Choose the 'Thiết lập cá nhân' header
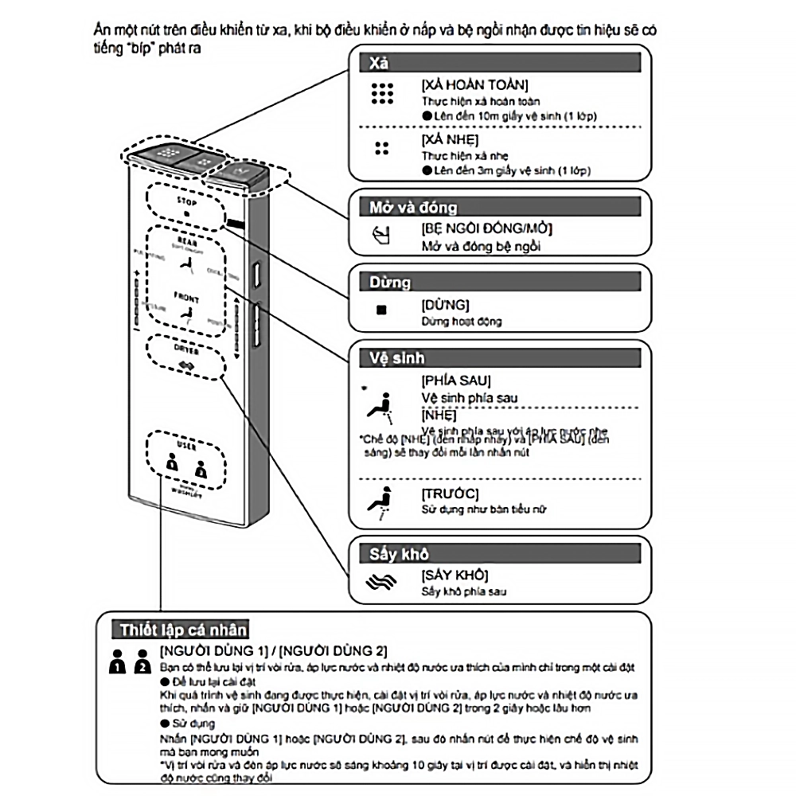pyautogui.click(x=184, y=630)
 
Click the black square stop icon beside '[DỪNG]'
pyautogui.click(x=381, y=309)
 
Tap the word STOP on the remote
pyautogui.click(x=186, y=202)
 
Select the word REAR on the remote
pyautogui.click(x=185, y=240)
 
